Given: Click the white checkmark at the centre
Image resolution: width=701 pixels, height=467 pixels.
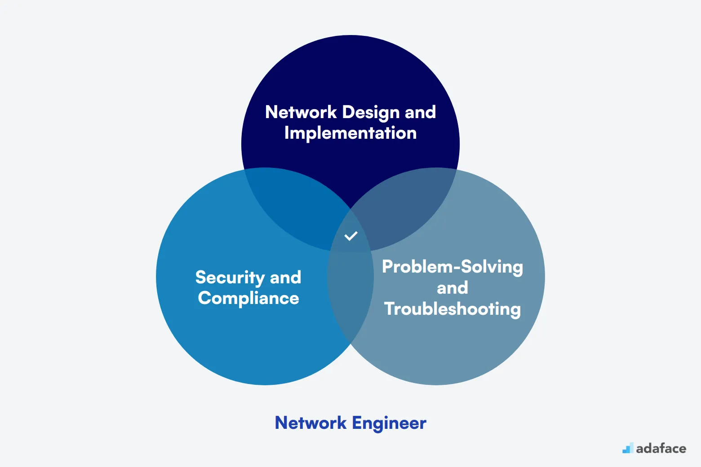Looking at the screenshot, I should click(x=350, y=236).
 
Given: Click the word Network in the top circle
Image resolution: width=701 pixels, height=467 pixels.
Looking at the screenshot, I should click(x=301, y=112).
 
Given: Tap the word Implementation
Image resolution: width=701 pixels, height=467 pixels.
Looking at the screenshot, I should click(x=350, y=133).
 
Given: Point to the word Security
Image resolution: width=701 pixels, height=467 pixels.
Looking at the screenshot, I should click(x=230, y=278).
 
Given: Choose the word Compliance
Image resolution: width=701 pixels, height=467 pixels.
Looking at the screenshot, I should click(x=248, y=299).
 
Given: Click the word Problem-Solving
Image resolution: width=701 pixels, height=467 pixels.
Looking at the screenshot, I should click(x=453, y=267).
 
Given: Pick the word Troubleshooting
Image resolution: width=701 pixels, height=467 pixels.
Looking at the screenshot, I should click(x=453, y=309).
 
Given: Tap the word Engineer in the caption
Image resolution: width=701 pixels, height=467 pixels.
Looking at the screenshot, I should click(x=389, y=423).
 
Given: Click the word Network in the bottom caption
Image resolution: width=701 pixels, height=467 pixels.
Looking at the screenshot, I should click(x=311, y=423).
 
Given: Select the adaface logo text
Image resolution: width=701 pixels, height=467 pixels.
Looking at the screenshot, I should click(x=661, y=448).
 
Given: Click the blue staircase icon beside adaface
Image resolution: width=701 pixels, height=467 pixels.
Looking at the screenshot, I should click(x=628, y=448).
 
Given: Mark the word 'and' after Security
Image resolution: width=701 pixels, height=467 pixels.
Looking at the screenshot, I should click(x=285, y=278).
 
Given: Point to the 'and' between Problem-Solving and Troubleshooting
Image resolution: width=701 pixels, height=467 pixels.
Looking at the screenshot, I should click(x=453, y=288).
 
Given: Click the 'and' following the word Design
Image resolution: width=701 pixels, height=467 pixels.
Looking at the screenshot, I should click(x=420, y=112).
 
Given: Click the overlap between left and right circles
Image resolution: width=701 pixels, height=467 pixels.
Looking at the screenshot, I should click(x=350, y=296).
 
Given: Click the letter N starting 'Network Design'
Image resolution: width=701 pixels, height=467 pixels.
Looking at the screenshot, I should click(x=271, y=112).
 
